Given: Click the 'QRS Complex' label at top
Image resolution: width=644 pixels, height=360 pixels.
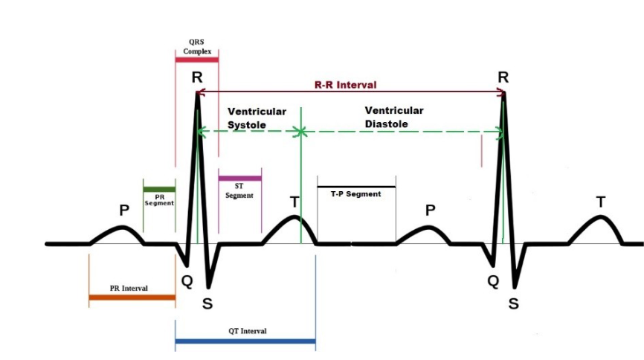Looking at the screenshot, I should [197, 48].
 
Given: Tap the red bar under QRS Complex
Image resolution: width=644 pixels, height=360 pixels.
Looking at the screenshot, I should [197, 59].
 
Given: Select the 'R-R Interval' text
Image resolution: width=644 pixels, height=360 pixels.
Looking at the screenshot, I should [344, 85].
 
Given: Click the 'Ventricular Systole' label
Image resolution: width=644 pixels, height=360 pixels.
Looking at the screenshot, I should [257, 118].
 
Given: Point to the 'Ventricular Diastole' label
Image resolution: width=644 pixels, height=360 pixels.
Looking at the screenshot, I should [393, 117].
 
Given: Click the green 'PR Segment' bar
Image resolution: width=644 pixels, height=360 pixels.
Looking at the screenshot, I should [159, 189].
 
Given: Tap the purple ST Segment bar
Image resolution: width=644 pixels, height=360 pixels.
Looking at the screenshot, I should [239, 179].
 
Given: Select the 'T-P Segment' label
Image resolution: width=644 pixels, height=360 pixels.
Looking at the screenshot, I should [355, 193].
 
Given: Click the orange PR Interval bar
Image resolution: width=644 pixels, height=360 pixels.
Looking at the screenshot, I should [132, 297].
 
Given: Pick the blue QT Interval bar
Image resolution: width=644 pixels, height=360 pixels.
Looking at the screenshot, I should [245, 343].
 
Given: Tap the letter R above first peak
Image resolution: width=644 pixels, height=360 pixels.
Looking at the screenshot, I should [196, 77].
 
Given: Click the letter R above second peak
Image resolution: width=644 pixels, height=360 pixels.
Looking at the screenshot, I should [503, 77].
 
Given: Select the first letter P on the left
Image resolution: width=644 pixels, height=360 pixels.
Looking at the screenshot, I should [123, 211].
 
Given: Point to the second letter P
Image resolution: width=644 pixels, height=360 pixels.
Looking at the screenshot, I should [430, 211].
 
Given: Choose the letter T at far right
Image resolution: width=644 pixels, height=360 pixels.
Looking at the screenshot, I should [600, 202].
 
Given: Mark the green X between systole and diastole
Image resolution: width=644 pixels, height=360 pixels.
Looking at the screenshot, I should [300, 132].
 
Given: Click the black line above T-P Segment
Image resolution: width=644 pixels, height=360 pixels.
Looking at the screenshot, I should [356, 186].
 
